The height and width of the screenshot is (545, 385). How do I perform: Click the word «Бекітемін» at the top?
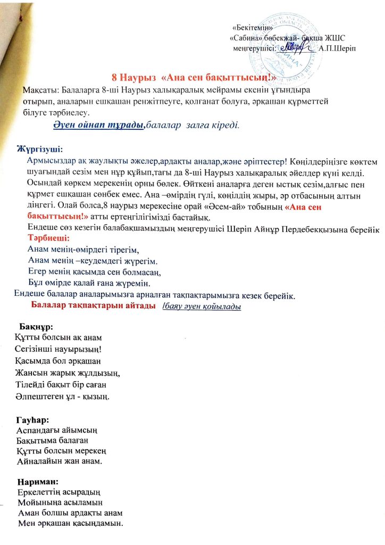[x=253, y=28]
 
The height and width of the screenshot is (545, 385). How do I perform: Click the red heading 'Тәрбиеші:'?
[x=50, y=238]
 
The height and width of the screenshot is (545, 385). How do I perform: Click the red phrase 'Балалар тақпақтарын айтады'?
[x=93, y=305]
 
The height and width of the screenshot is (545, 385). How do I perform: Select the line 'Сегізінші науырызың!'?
[x=58, y=349]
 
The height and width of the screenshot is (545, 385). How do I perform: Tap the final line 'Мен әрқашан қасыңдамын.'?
[x=70, y=525]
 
